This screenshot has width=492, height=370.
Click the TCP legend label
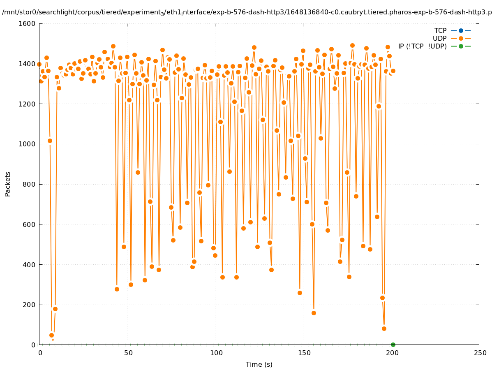(441, 30)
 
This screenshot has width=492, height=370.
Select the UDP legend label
(439, 38)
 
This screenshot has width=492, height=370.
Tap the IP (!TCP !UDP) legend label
(422, 46)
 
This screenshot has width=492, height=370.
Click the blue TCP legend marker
(461, 30)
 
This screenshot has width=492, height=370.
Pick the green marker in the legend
(461, 46)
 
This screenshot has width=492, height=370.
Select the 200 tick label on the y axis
(28, 305)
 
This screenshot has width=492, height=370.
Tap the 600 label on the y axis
(28, 224)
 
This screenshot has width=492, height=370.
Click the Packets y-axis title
(8, 184)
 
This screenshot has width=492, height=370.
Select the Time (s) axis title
(259, 364)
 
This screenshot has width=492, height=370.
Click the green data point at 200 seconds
(393, 345)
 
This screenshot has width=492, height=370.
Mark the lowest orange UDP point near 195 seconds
(384, 328)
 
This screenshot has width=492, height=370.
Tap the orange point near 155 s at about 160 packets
(314, 313)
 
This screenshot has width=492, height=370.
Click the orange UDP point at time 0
(39, 65)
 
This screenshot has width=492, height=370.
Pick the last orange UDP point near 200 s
(393, 71)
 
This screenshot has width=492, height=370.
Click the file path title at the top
(247, 12)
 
